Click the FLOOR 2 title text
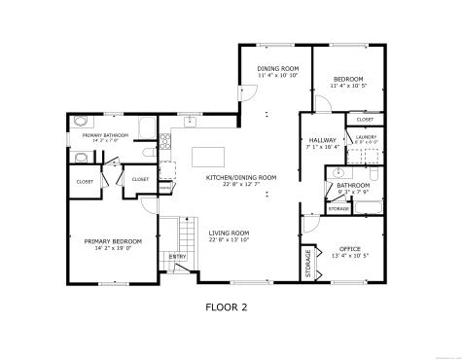pos(226,307)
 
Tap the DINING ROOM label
pos(276,69)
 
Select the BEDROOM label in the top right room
pos(347,79)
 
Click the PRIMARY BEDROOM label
pos(113,240)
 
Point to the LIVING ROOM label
pos(229,234)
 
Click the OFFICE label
pos(349,249)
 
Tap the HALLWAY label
pos(322,141)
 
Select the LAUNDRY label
pos(365,137)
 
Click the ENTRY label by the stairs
pos(178,256)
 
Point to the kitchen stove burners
pos(165,144)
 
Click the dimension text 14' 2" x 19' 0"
pos(113,248)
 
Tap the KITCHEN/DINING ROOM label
pos(240,177)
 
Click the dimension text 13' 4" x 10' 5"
pos(349,257)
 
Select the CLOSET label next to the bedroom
pos(365,119)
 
